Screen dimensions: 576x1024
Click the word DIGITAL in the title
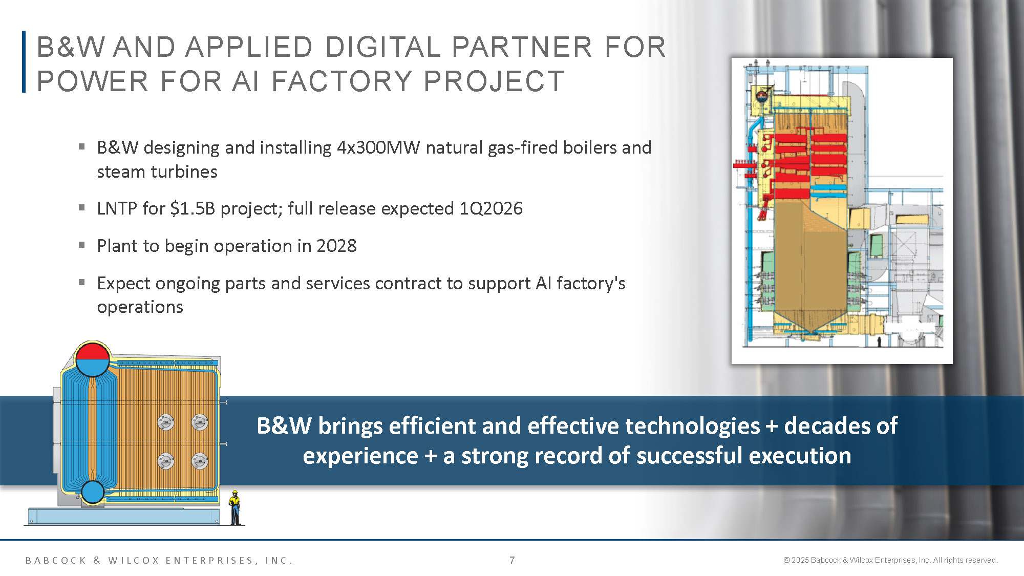coord(382,47)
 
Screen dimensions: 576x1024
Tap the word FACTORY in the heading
coord(342,81)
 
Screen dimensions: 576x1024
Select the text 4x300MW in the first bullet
coord(378,147)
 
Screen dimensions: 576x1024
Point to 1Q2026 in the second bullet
coord(490,208)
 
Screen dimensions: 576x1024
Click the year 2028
coord(336,246)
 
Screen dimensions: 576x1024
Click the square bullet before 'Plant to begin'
coord(82,245)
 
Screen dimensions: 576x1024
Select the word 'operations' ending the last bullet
coord(140,307)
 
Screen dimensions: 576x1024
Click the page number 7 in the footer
coord(512,560)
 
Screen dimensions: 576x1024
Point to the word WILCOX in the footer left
coord(134,561)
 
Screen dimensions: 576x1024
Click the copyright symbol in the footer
coord(786,560)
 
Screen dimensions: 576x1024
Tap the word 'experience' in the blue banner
coord(360,456)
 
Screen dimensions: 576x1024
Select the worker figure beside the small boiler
coord(235,507)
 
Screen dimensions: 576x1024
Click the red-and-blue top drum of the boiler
coord(93,359)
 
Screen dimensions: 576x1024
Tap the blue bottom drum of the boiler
coord(93,492)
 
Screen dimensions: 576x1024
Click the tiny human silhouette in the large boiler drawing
coord(879,342)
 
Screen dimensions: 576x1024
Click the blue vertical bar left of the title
coord(24,62)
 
